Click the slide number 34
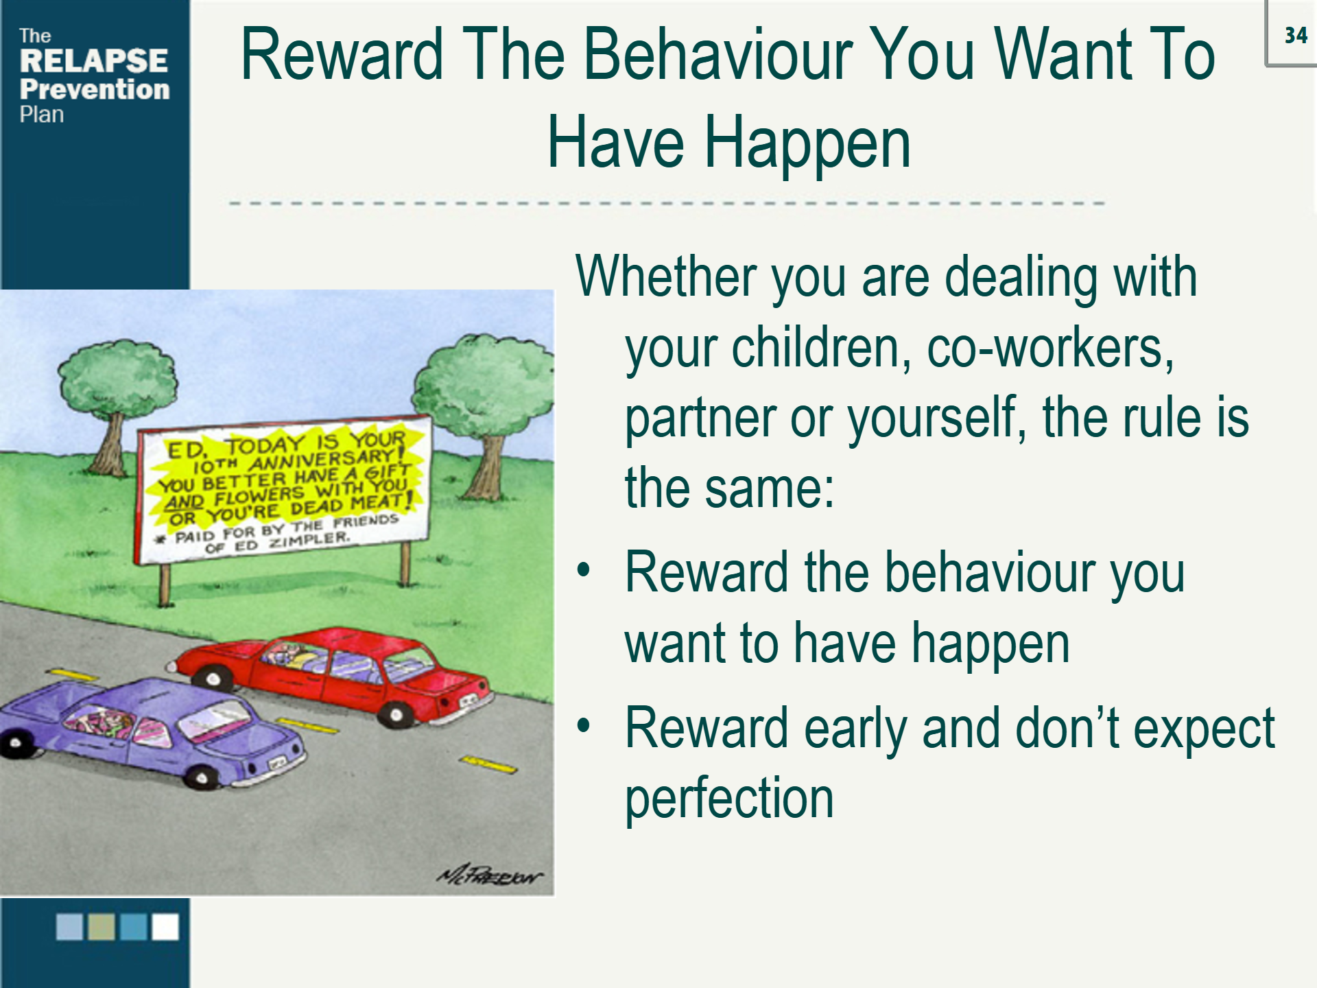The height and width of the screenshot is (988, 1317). [1295, 36]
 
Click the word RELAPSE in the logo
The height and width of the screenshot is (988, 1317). [93, 61]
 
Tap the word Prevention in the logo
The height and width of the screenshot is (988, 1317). [95, 89]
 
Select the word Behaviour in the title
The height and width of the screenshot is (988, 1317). [717, 55]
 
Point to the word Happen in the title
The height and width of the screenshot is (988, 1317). [807, 143]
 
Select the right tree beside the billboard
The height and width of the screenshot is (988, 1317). [484, 398]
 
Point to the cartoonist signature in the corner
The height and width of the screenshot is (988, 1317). [489, 875]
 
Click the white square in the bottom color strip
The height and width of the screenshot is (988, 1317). [165, 926]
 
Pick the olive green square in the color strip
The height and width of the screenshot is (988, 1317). [102, 926]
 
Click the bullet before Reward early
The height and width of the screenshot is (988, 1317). [583, 726]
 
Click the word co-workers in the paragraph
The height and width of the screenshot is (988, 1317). [1049, 348]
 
